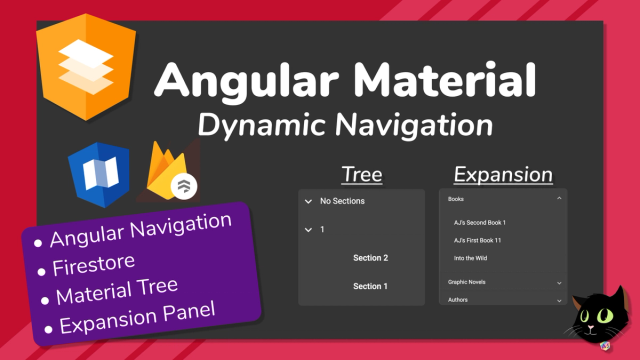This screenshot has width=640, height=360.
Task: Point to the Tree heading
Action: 361,175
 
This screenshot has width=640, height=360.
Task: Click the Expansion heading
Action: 503,175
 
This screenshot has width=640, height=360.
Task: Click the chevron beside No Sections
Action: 308,202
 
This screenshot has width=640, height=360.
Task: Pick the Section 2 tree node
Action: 370,258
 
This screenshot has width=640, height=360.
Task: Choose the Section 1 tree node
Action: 370,287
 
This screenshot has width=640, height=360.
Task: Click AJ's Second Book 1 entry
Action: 480,222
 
